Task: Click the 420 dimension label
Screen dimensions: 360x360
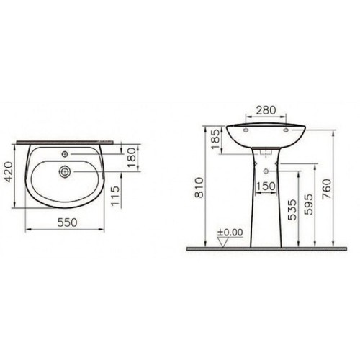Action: (x=9, y=172)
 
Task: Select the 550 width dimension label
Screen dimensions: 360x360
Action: (x=67, y=222)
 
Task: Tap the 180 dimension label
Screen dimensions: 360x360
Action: (x=132, y=158)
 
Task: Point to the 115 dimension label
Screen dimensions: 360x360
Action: (x=115, y=196)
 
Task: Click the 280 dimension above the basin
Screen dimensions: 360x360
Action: (x=266, y=110)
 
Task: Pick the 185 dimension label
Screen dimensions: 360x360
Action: (x=216, y=139)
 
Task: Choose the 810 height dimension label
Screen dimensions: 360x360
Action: (x=199, y=187)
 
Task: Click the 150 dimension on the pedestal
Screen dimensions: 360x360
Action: (x=266, y=186)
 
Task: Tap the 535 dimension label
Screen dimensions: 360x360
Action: (x=292, y=210)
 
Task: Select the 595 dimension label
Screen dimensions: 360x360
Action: (x=308, y=204)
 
